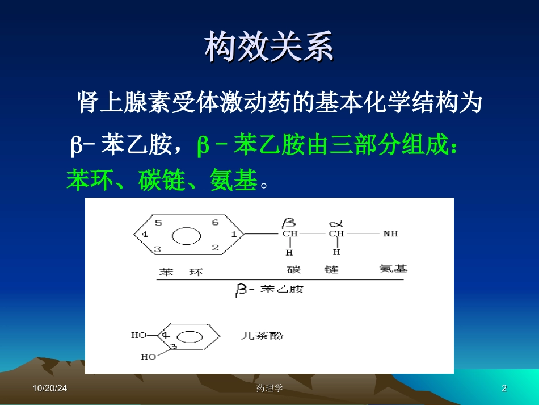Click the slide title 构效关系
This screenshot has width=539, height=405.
tap(269, 46)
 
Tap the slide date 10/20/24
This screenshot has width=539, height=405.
tap(49, 388)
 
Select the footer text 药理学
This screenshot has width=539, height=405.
tap(269, 388)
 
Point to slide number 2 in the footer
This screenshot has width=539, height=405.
tap(504, 388)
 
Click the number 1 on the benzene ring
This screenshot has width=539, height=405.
tap(234, 233)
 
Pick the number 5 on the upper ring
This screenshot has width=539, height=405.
tap(159, 223)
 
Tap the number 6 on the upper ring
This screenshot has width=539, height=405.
tap(215, 223)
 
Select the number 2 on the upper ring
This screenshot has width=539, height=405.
tap(215, 247)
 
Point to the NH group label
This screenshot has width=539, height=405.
tap(390, 233)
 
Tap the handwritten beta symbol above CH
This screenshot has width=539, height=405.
tap(290, 220)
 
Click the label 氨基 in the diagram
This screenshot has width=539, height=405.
tap(393, 268)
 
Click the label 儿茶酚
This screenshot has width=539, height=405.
tap(262, 336)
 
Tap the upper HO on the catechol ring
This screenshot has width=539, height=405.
tap(139, 335)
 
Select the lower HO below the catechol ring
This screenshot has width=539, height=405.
tap(148, 357)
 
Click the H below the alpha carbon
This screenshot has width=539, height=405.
tap(336, 252)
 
